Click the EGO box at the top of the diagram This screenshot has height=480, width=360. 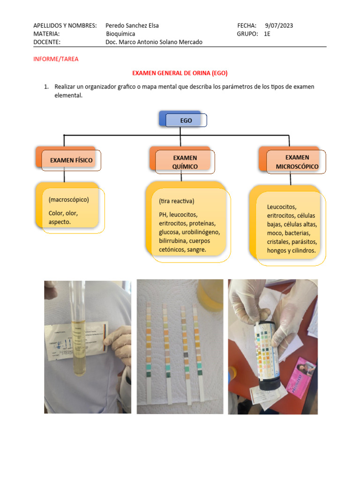pos(186,120)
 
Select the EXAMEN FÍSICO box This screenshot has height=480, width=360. pos(71,160)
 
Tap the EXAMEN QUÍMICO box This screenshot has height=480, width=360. pos(185,162)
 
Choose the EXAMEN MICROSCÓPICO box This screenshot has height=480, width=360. pos(297,162)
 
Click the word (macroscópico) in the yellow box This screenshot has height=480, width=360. pos(68,200)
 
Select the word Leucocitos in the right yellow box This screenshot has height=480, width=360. pos(282,207)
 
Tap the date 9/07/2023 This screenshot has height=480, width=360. pos(279,26)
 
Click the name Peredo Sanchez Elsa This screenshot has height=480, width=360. pos(133,26)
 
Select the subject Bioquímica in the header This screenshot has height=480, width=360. pos(120,34)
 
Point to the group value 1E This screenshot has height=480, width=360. pos(267,34)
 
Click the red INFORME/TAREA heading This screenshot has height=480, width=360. pos(56,60)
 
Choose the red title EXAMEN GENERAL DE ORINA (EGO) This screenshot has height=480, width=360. pos(180,74)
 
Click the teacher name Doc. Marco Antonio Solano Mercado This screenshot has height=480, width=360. pos(154,42)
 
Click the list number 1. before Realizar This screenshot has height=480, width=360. pos(46,87)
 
